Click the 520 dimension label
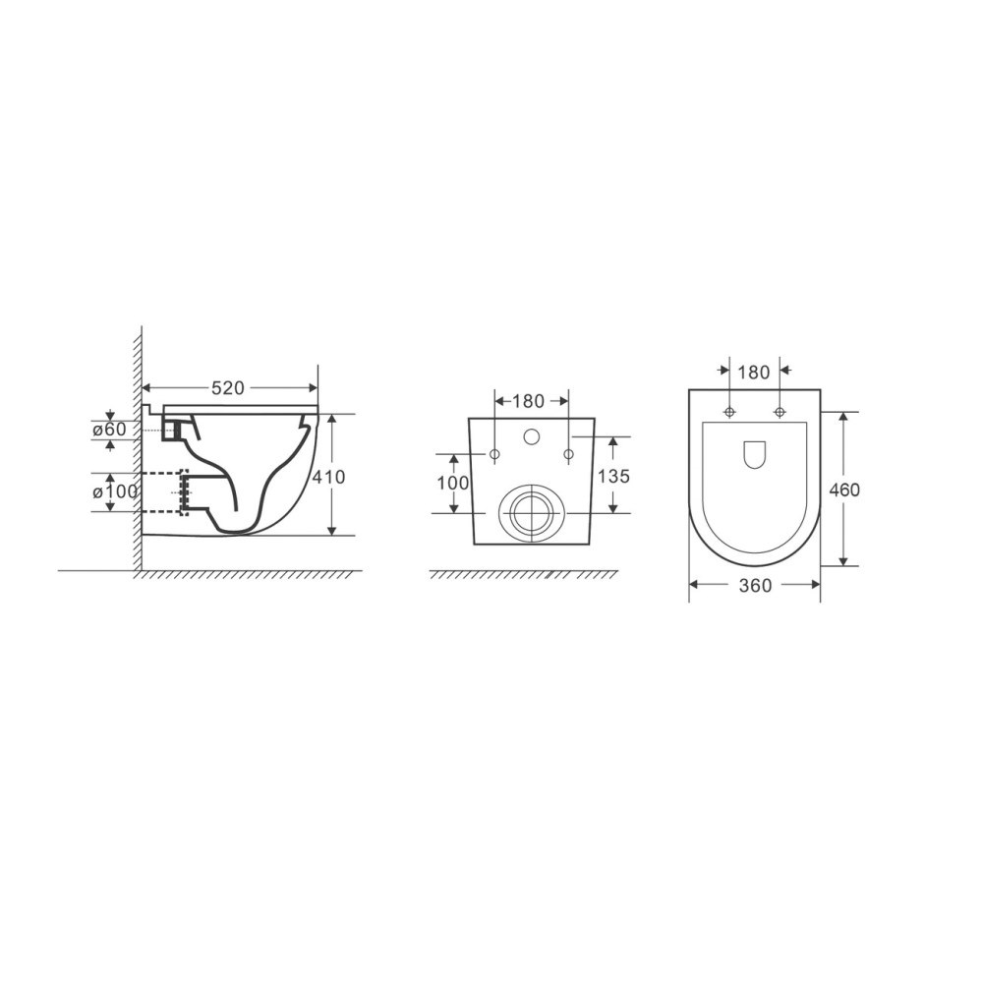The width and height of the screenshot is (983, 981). click(227, 388)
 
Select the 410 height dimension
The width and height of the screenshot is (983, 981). click(329, 477)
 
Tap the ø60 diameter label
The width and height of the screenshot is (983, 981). click(110, 430)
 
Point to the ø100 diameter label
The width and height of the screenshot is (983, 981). click(115, 492)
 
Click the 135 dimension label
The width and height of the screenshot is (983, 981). click(613, 477)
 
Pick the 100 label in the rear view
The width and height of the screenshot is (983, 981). click(452, 483)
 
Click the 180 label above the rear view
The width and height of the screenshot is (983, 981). click(529, 401)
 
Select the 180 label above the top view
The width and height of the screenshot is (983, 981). click(754, 373)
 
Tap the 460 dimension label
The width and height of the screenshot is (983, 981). click(843, 489)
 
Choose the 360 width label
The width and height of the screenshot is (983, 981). click(755, 586)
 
